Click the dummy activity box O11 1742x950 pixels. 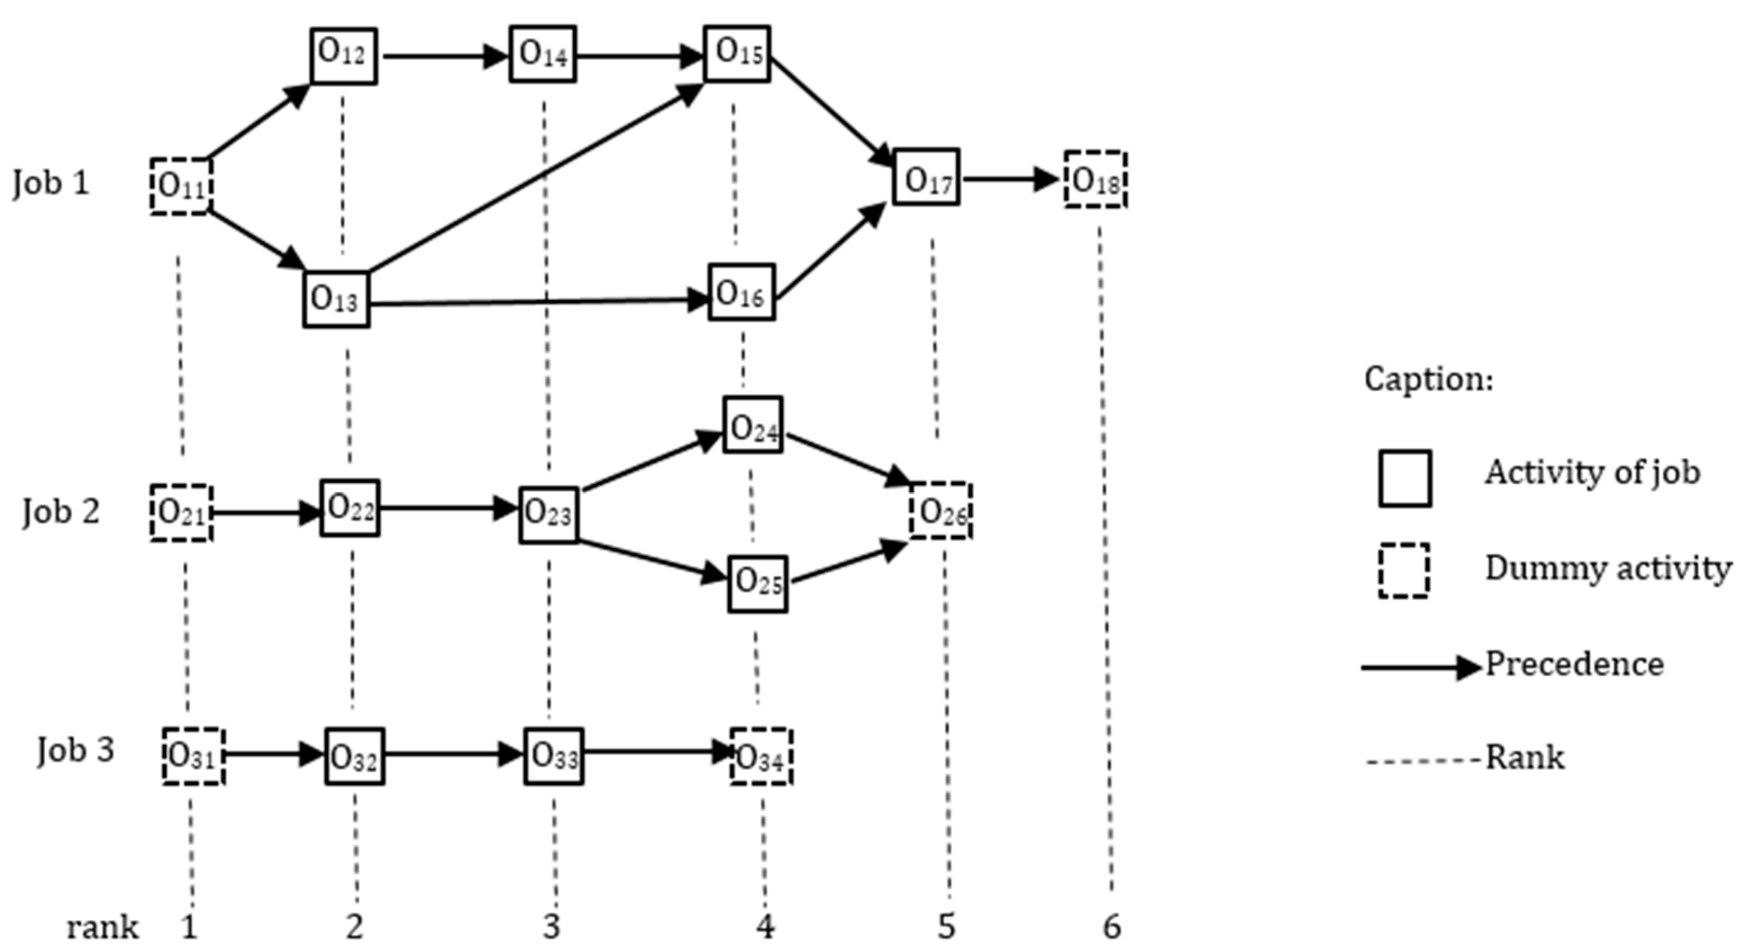[x=181, y=186]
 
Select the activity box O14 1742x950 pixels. [x=542, y=54]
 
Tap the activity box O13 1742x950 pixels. [x=336, y=299]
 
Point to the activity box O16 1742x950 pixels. [x=741, y=292]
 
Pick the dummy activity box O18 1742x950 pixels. [x=1096, y=179]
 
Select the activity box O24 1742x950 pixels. [x=753, y=424]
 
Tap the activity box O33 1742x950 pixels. [x=553, y=756]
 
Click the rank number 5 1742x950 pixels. [x=946, y=926]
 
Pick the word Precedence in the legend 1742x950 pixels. [x=1574, y=665]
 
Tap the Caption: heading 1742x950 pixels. [x=1428, y=378]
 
